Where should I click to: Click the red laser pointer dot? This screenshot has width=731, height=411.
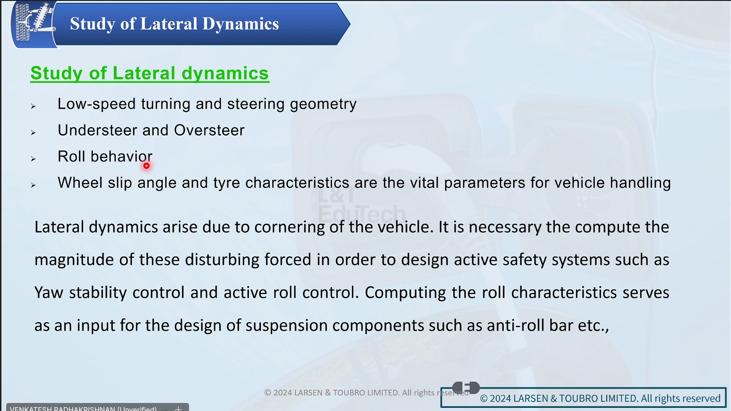tap(146, 166)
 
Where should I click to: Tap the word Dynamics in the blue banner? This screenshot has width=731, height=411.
tap(241, 24)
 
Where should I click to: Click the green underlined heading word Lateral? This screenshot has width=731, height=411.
tap(145, 73)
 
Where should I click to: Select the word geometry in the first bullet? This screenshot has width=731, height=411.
tap(323, 104)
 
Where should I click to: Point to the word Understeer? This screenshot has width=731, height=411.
tap(97, 130)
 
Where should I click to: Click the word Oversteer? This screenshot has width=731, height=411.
tap(209, 130)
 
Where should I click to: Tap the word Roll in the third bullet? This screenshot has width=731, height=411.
tap(71, 156)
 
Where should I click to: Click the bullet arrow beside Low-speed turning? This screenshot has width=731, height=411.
tap(33, 106)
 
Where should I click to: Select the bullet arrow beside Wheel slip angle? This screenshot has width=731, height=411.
tap(33, 185)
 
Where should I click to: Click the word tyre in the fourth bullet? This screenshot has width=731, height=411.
tap(226, 183)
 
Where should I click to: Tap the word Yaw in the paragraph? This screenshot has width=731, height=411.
tap(49, 292)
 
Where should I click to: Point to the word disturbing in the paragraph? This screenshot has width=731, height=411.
tap(222, 260)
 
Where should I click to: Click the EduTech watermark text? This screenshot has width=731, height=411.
tap(361, 214)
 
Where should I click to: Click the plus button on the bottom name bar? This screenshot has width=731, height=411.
tap(178, 408)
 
